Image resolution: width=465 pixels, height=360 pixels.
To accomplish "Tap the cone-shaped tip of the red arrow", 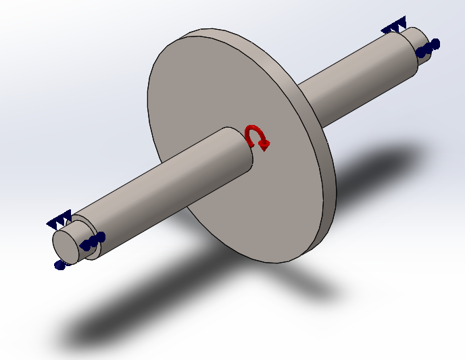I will pyautogui.click(x=266, y=144).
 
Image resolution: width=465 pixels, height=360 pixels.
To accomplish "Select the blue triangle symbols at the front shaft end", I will pyautogui.click(x=59, y=219).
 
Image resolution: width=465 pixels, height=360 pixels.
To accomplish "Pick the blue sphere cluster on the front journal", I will pyautogui.click(x=93, y=241).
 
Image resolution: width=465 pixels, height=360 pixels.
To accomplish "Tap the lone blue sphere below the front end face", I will pyautogui.click(x=59, y=265).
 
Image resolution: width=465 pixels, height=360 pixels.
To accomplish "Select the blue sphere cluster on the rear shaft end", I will pyautogui.click(x=428, y=48).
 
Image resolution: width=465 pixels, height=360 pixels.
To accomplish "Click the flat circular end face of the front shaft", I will pyautogui.click(x=66, y=244).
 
